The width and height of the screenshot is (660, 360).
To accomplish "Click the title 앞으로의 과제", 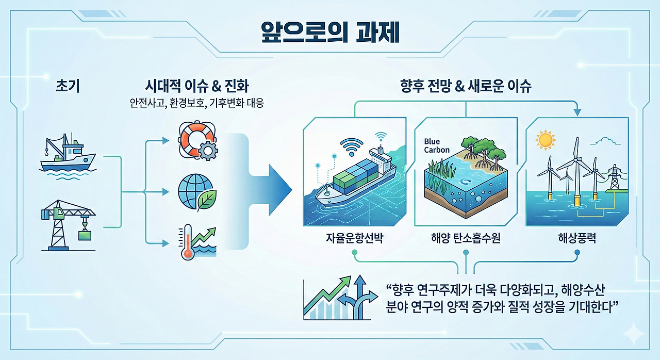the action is (x=330, y=32).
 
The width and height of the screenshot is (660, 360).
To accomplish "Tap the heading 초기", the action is (x=67, y=86).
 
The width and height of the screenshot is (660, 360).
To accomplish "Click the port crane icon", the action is (x=68, y=225).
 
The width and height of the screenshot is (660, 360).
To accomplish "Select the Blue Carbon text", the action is (x=437, y=145).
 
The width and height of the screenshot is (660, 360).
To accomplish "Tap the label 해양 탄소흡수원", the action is (x=466, y=238).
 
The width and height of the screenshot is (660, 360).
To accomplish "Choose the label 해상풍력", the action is (x=577, y=238).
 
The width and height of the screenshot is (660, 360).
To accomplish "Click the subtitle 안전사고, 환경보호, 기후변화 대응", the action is (x=196, y=104).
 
